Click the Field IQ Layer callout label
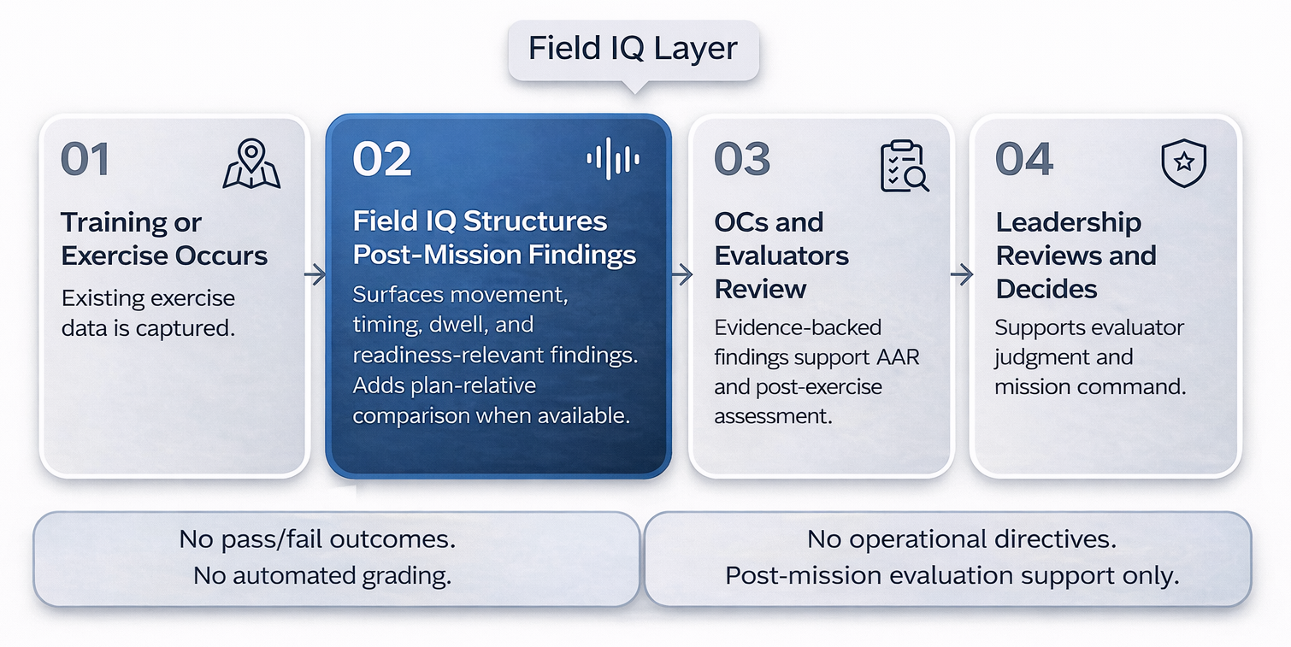pyautogui.click(x=633, y=48)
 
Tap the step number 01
pyautogui.click(x=85, y=161)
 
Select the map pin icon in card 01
pyautogui.click(x=251, y=165)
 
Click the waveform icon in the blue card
pyautogui.click(x=613, y=159)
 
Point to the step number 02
pyautogui.click(x=382, y=161)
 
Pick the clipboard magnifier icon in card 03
pyautogui.click(x=904, y=166)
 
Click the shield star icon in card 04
pyautogui.click(x=1183, y=164)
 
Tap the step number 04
pyautogui.click(x=1024, y=161)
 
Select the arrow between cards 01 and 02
pyautogui.click(x=315, y=274)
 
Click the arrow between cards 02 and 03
pyautogui.click(x=681, y=274)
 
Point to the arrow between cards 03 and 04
pyautogui.click(x=962, y=274)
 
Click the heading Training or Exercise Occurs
pyautogui.click(x=164, y=239)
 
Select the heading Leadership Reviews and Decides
pyautogui.click(x=1076, y=256)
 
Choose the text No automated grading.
pyautogui.click(x=322, y=575)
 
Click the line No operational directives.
pyautogui.click(x=962, y=539)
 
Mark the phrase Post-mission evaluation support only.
pyautogui.click(x=952, y=575)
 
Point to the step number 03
pyautogui.click(x=742, y=161)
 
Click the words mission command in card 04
pyautogui.click(x=1088, y=386)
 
